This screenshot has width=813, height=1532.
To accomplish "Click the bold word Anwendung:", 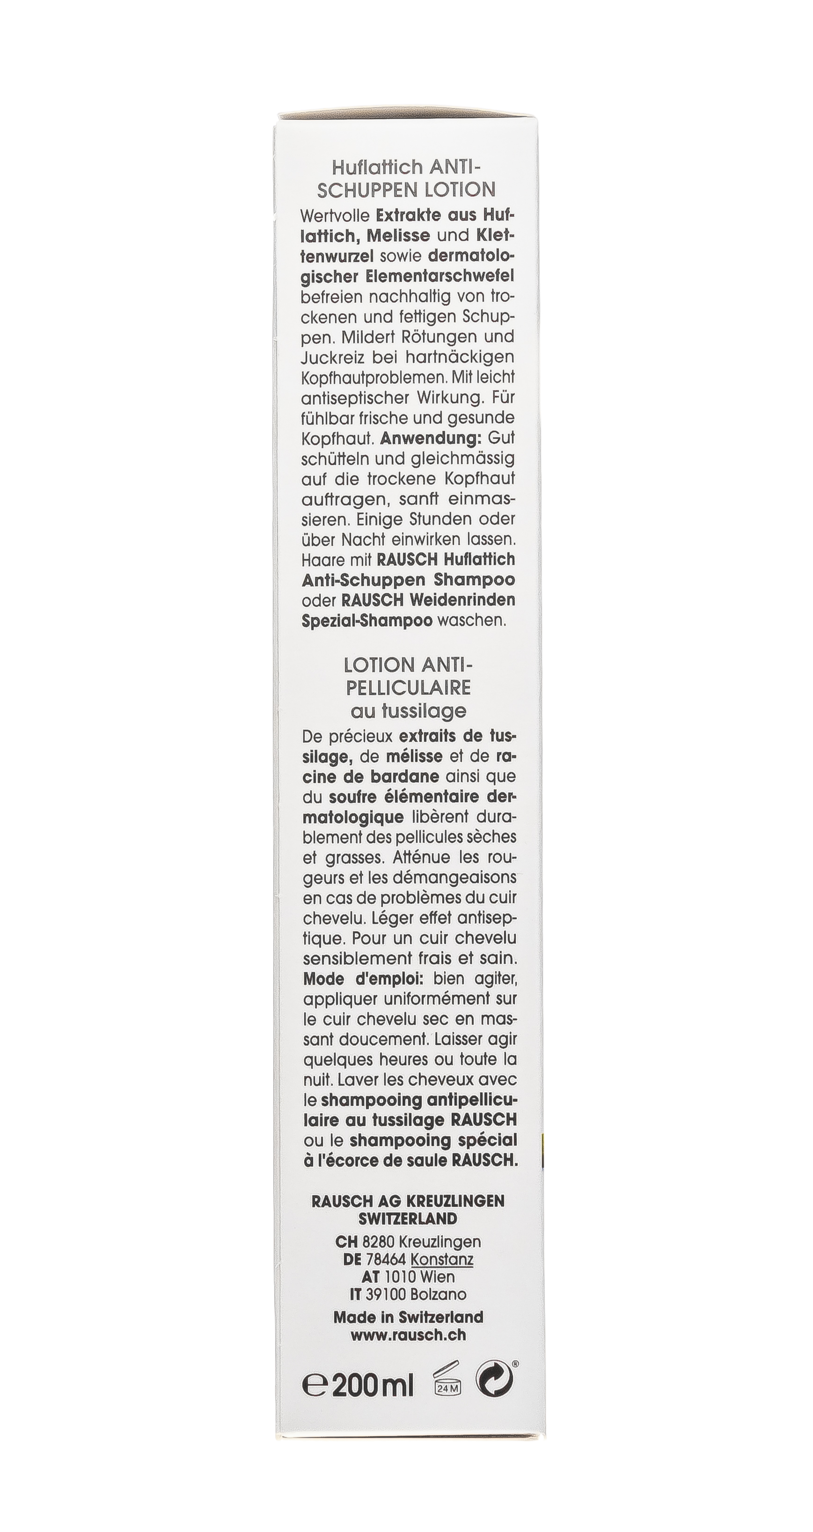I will click(431, 438).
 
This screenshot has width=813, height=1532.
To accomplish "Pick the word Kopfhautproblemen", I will click(374, 378).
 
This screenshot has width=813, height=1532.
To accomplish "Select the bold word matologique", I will click(353, 817).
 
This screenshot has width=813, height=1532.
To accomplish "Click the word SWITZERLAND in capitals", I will click(408, 1218).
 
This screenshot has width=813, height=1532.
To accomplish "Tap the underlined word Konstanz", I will click(442, 1260).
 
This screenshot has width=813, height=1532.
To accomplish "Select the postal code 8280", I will click(378, 1242).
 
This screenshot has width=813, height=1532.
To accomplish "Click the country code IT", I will click(355, 1294).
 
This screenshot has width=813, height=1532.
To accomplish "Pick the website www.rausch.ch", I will click(408, 1335).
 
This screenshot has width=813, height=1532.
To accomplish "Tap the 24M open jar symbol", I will click(447, 1381).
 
